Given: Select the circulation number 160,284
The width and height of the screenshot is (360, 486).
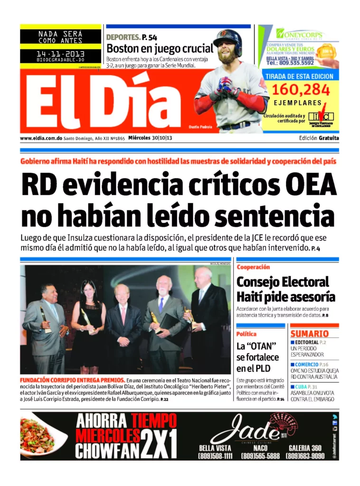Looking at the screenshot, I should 301,89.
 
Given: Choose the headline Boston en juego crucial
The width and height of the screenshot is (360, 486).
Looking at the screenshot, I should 160,48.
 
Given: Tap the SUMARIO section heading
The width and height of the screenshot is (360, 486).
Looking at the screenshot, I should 309,334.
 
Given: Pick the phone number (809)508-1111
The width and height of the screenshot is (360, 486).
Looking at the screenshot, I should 215,456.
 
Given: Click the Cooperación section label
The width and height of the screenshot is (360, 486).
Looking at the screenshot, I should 253,267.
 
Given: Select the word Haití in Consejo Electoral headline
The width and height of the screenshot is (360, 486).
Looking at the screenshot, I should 252,297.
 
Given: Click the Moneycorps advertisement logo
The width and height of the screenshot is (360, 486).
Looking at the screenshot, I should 300,35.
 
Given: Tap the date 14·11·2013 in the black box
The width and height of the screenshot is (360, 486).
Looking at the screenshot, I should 60,55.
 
